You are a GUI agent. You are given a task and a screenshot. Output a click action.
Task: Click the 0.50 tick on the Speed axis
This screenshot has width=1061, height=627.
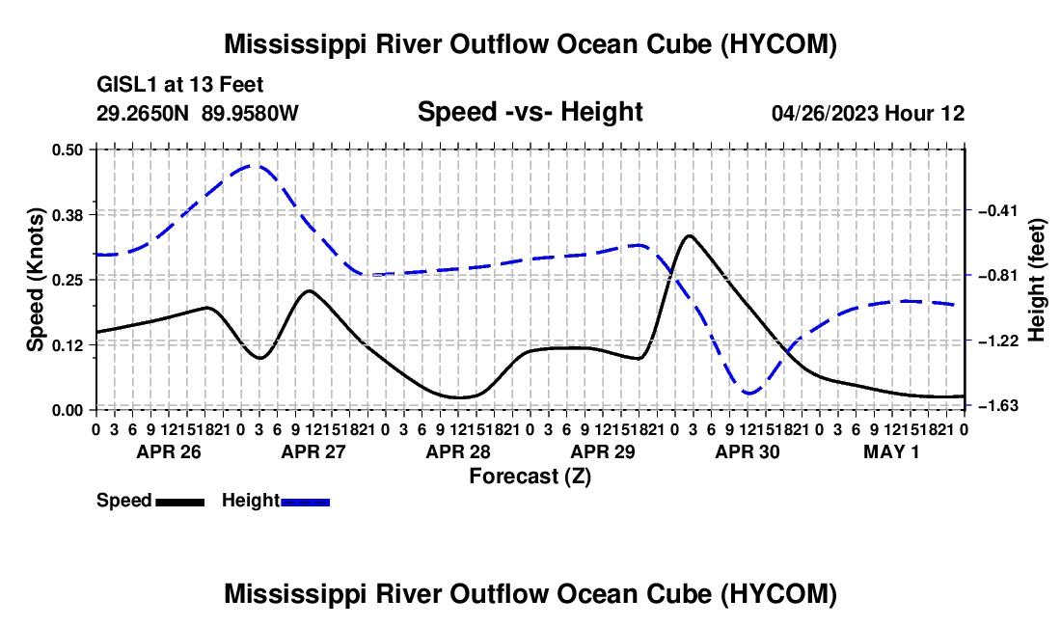(67, 149)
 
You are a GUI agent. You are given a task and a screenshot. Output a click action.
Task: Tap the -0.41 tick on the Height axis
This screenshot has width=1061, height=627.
(998, 210)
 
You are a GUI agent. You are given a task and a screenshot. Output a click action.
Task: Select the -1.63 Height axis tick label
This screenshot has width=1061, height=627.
(998, 405)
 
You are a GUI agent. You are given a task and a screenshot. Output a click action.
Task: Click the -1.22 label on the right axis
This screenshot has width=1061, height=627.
(998, 341)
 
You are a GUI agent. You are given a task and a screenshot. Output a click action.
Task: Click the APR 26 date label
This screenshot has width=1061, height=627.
(169, 451)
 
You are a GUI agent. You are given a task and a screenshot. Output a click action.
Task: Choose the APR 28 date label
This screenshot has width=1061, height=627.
(458, 451)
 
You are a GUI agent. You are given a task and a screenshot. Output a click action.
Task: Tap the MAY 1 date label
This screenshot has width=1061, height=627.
(891, 451)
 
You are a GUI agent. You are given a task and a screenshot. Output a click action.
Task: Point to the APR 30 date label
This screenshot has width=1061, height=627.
(748, 451)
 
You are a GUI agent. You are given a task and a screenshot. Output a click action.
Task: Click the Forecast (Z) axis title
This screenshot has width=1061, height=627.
(530, 477)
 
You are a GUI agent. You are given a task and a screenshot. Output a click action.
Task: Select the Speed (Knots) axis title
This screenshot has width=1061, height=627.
(35, 280)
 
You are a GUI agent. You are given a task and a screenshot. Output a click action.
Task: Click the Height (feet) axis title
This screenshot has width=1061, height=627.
(1036, 280)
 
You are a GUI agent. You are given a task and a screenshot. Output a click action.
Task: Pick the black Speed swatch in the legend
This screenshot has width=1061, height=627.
(180, 502)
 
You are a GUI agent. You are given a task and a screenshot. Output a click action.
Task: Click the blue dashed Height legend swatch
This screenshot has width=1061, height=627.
(305, 502)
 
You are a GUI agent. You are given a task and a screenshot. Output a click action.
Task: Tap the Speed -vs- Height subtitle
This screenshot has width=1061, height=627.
(530, 112)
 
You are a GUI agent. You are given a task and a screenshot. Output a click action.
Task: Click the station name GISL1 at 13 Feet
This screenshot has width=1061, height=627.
(180, 85)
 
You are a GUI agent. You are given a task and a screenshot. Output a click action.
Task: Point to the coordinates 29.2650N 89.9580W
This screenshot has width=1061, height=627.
(197, 113)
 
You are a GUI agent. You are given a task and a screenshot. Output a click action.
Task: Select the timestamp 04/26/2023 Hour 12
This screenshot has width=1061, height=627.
(868, 113)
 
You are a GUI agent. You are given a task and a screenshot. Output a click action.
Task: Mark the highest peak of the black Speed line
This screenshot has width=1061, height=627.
(689, 235)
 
